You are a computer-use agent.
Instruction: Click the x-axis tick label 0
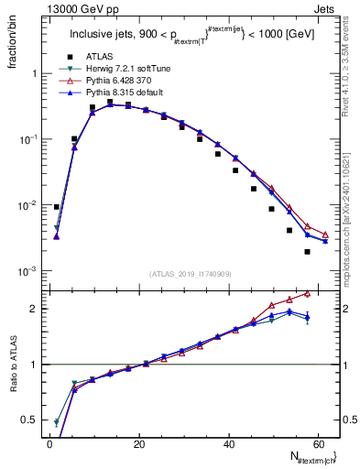49,444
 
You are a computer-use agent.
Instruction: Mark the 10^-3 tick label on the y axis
30,272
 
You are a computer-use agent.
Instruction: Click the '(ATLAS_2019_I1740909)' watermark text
191,274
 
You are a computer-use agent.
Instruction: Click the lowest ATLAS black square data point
307,252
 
